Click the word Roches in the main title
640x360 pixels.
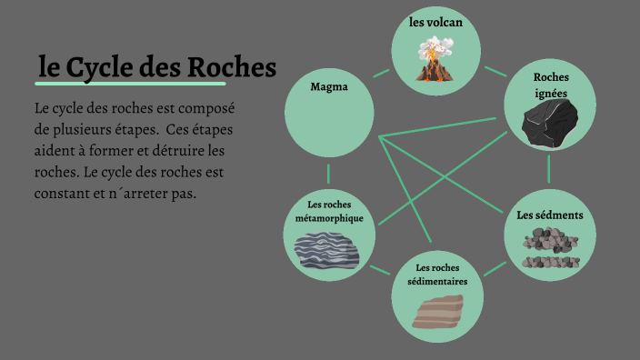[232, 68]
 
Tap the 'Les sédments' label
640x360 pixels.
[549, 215]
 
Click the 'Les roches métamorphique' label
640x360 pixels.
[329, 212]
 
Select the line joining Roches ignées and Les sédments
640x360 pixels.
[549, 168]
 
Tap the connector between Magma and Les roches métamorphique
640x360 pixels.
[329, 172]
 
